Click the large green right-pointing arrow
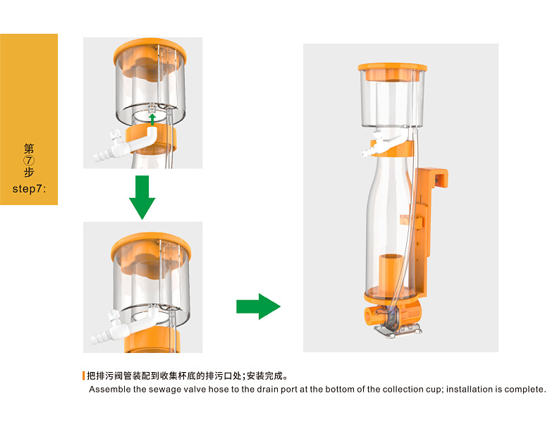point(257,306)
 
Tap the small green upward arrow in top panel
point(152,119)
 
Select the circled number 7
point(29,160)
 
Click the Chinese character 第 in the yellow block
point(29,149)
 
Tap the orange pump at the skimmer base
point(394,312)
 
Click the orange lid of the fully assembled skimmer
point(392,68)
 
